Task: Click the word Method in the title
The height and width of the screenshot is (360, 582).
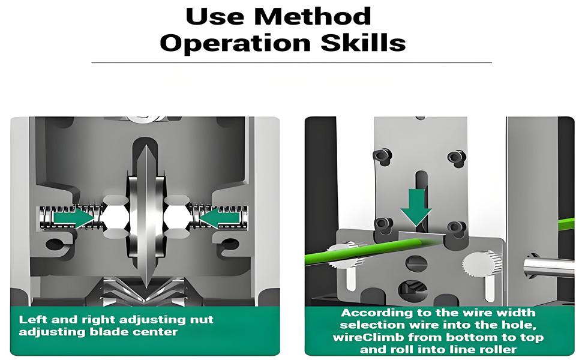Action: tap(313, 17)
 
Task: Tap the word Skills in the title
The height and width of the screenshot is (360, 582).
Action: tap(363, 43)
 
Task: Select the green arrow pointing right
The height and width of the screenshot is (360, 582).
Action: tap(73, 218)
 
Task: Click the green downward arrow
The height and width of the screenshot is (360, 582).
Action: tap(416, 207)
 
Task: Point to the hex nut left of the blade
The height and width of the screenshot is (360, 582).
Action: tap(115, 217)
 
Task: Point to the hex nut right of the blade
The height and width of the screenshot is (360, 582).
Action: tap(178, 217)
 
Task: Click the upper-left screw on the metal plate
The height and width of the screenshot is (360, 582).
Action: tap(383, 156)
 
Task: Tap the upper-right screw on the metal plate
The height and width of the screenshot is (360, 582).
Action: tap(457, 157)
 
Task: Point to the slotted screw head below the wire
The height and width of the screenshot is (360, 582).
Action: tap(415, 263)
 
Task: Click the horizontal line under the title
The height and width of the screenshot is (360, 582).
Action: tap(292, 63)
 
